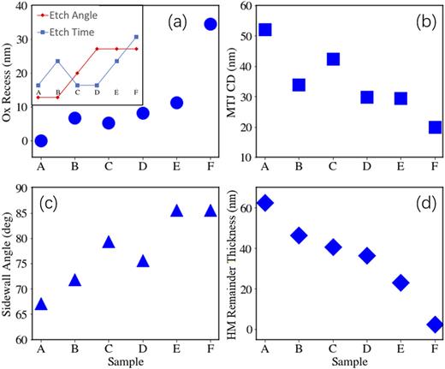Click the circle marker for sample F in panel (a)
[x=210, y=24]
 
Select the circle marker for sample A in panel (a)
[x=40, y=140]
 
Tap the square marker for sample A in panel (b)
[x=265, y=30]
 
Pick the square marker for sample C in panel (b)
[x=333, y=59]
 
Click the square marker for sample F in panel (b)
[x=435, y=127]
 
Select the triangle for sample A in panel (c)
[x=40, y=304]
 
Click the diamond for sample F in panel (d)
[x=435, y=324]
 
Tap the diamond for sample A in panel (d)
[x=265, y=203]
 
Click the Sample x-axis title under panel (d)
[x=350, y=363]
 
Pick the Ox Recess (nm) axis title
[x=9, y=82]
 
